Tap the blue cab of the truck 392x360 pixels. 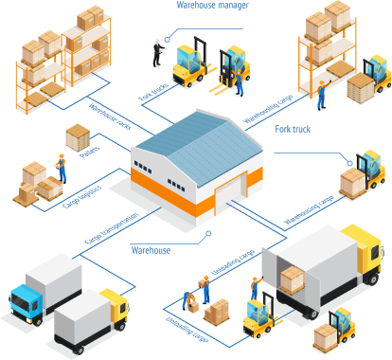coord(26,300)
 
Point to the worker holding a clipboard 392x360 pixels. coord(61,168)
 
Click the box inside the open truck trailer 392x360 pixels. coord(293,278)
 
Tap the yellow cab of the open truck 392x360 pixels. coord(364,251)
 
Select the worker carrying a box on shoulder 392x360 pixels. coord(205,286)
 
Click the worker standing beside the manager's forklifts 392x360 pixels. coord(239,84)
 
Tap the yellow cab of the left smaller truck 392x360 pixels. coord(115,305)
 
